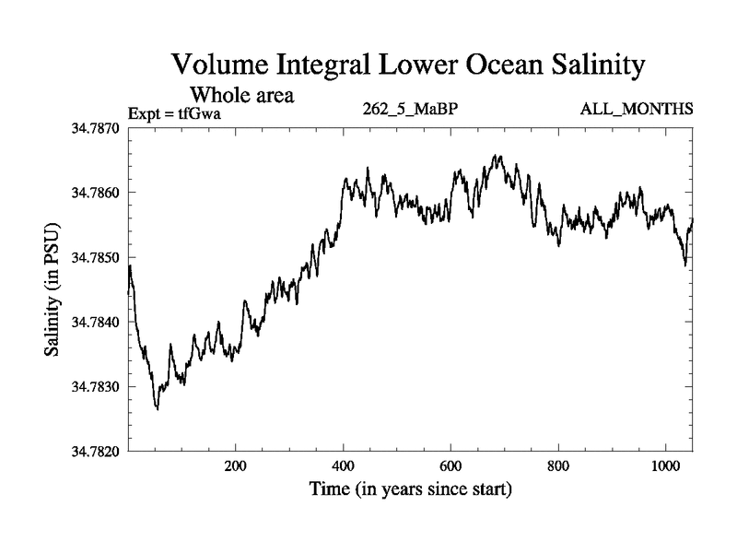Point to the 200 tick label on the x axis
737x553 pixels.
[x=236, y=466]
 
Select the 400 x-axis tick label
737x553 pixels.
[x=344, y=466]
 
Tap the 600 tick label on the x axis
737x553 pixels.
[x=450, y=466]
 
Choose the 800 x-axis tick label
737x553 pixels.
[x=558, y=466]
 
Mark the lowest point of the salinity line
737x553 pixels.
[x=157, y=408]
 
